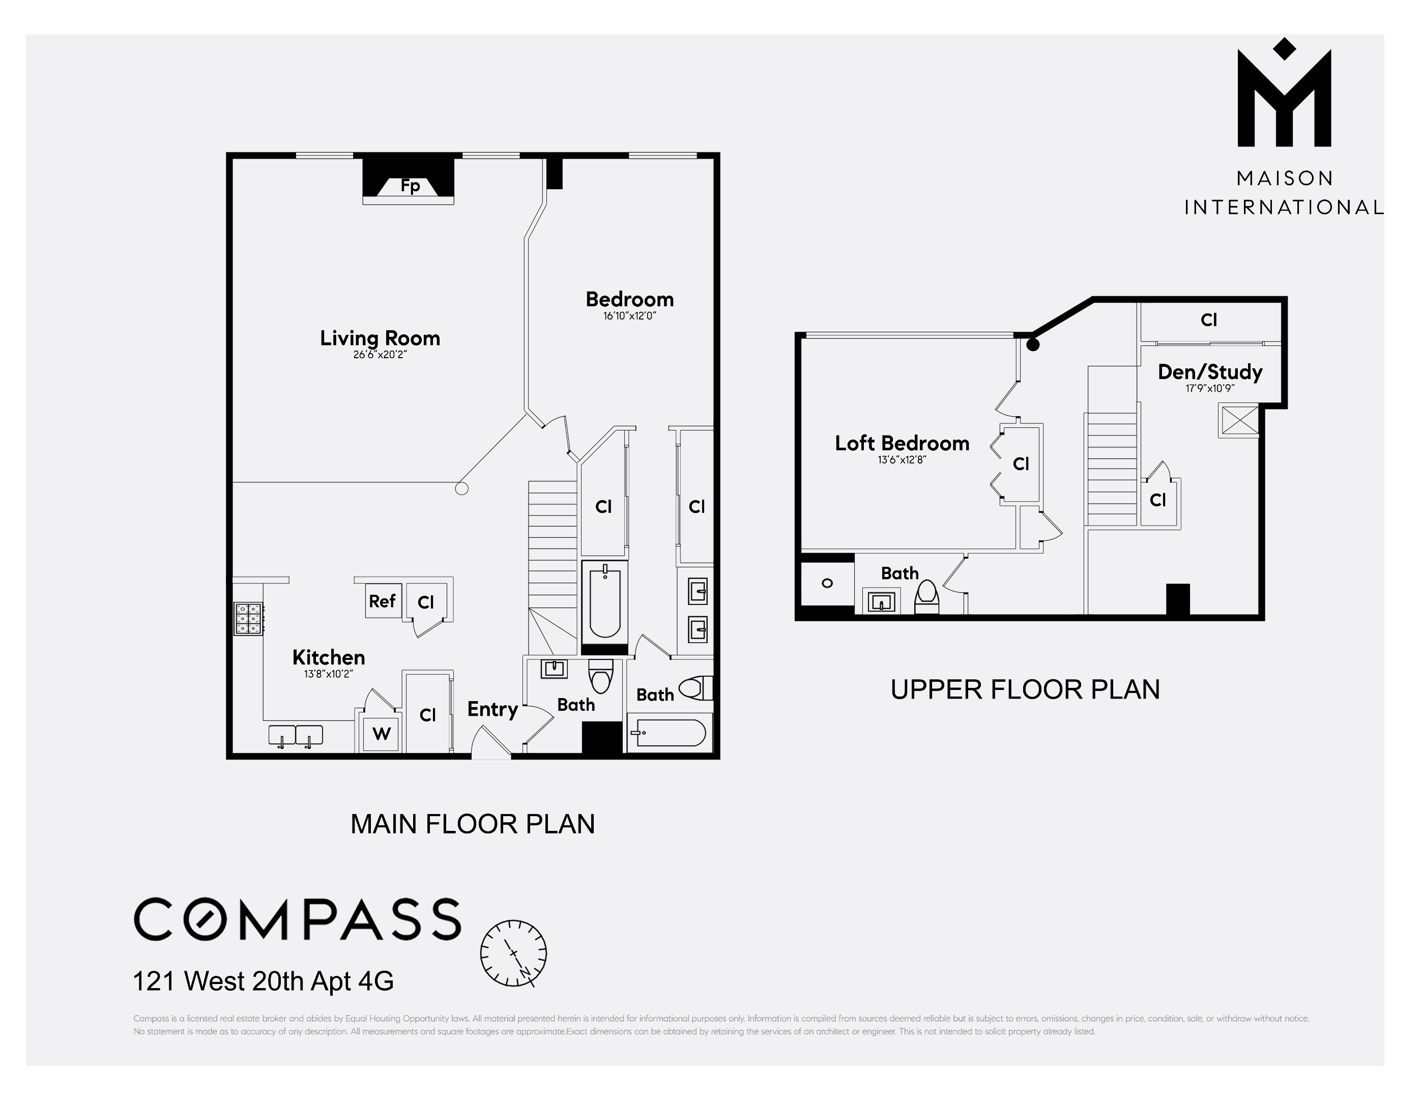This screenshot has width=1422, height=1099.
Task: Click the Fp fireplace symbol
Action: tap(409, 186)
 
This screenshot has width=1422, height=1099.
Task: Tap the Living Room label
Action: tap(380, 338)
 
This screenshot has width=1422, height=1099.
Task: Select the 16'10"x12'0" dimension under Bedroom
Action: tap(629, 316)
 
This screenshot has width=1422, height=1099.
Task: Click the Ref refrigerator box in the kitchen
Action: tap(382, 601)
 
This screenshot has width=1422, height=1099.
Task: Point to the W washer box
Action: tap(381, 734)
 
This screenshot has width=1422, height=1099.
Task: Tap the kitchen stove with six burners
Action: tap(249, 618)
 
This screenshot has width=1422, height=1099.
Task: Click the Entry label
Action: tap(492, 709)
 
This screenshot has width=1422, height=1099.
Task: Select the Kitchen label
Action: tap(328, 657)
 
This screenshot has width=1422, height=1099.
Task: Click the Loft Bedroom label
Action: tap(902, 443)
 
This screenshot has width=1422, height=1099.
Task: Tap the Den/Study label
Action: tap(1210, 372)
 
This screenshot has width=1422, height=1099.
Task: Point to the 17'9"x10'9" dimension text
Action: tap(1210, 389)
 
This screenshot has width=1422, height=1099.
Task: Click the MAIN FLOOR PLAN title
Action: tap(472, 824)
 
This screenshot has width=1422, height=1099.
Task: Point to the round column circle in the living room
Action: tap(461, 488)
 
